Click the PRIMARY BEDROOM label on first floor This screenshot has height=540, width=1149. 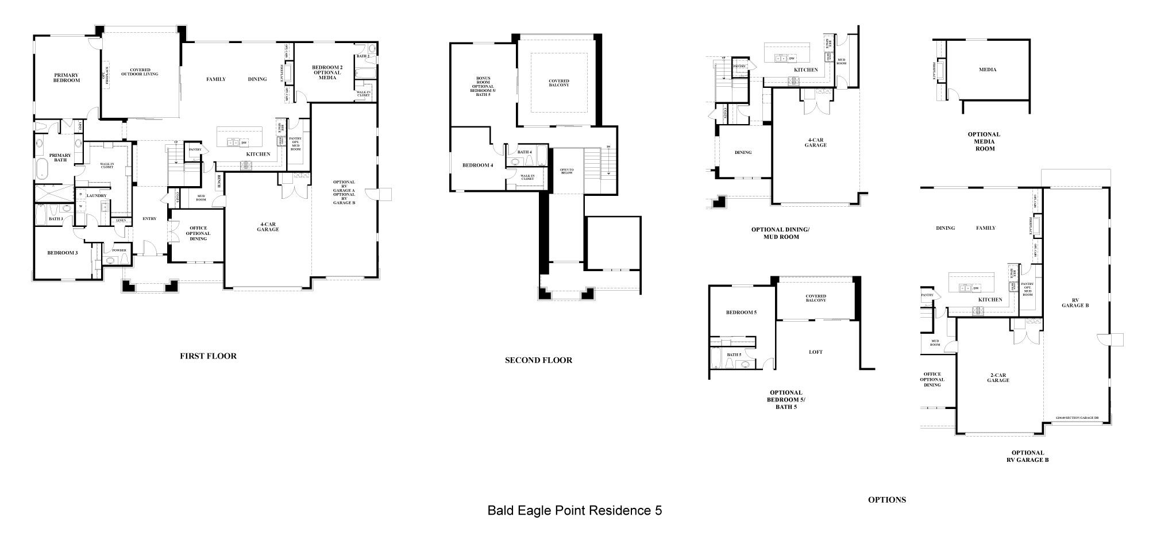point(67,78)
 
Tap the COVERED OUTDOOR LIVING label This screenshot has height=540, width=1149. point(140,72)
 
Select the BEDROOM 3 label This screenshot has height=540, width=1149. point(62,253)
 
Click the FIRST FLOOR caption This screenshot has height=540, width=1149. point(208,356)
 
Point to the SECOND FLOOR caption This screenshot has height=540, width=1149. point(538,360)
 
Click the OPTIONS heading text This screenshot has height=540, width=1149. point(886,500)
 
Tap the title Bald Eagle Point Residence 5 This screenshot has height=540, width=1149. point(574,510)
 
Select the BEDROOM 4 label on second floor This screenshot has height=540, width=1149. point(477,165)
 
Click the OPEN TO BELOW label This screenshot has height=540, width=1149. point(566,172)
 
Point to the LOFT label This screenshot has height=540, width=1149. point(816,352)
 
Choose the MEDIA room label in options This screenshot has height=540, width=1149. point(988,70)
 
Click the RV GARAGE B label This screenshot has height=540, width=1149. point(1075,303)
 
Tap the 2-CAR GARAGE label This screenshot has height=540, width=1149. point(998,377)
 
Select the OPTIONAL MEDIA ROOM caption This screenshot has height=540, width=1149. point(984,141)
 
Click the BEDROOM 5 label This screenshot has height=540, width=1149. point(741,313)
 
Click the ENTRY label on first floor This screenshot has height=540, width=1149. point(149,218)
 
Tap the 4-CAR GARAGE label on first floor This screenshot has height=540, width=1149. point(268,226)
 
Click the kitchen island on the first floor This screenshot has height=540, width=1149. point(239,138)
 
